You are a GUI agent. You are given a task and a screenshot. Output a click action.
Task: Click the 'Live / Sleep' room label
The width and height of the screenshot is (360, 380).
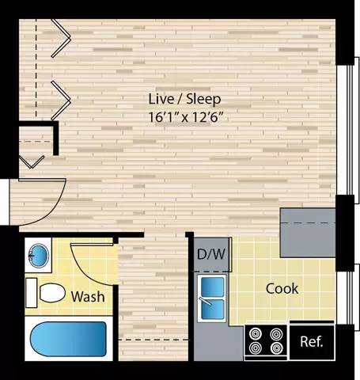coord(184,99)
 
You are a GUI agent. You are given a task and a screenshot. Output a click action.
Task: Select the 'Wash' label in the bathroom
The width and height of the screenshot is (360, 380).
coord(88,297)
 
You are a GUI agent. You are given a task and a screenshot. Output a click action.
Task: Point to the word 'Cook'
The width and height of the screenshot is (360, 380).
coord(282,288)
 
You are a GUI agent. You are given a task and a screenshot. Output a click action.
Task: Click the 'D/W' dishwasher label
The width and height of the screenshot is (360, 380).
coord(211,254)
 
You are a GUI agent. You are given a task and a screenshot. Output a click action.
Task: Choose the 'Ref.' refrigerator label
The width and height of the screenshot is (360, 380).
coord(312,341)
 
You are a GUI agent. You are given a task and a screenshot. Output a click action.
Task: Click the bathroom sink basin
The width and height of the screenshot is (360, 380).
coord(39,255)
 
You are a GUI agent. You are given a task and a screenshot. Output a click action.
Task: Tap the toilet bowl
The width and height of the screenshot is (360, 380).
coord(52,293)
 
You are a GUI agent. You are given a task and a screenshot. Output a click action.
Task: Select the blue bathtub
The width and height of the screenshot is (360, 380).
coord(68,339)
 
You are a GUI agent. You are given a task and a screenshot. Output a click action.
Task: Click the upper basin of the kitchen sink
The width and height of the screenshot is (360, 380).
coord(212,287)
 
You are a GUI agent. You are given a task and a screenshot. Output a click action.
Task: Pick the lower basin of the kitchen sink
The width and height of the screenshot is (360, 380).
coord(212,309)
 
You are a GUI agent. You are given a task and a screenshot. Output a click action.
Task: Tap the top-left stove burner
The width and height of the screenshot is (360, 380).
coord(256,334)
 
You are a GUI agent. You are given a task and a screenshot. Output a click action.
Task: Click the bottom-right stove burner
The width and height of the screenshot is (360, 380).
coord(276,348)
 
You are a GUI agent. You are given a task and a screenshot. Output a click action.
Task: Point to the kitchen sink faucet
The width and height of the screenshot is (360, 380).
coord(206,302)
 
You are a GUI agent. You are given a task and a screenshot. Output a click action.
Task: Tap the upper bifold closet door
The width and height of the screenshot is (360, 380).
coord(61,38)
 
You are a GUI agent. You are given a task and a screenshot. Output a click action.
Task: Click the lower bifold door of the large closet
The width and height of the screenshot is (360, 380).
coord(61,101)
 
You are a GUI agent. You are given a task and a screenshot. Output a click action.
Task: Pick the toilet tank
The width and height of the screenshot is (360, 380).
coord(31,293)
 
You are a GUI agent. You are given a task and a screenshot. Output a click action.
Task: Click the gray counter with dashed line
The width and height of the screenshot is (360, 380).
coord(308,233)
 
